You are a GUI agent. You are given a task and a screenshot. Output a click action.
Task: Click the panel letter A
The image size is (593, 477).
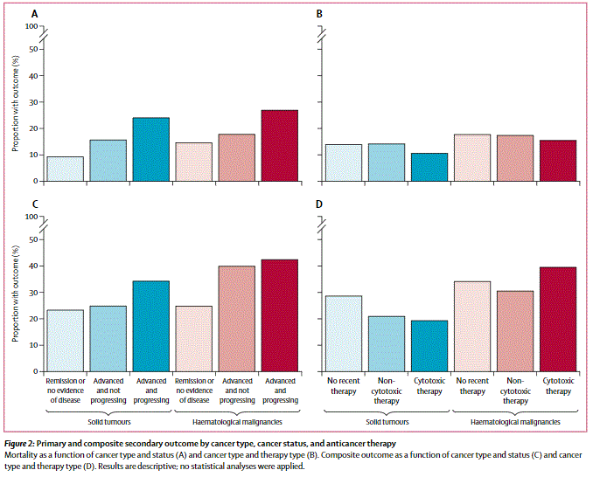(34, 14)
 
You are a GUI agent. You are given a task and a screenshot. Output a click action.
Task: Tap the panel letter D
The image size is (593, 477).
(319, 204)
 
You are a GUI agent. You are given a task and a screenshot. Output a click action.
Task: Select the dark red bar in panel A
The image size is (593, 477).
(280, 146)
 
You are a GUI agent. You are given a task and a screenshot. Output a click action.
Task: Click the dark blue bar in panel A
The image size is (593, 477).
(151, 149)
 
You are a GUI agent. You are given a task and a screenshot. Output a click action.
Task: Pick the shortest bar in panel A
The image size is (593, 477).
(65, 169)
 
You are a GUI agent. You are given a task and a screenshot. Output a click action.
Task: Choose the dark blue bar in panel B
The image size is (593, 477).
(429, 168)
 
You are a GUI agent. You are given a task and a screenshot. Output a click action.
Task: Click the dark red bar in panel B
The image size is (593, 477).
(558, 161)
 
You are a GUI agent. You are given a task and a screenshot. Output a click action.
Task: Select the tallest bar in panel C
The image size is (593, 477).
(280, 315)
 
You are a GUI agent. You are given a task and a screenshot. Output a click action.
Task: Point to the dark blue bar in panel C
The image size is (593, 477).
(151, 327)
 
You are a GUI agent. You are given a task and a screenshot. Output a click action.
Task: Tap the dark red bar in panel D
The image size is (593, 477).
(558, 320)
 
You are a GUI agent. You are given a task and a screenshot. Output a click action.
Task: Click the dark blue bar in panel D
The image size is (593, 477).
(429, 346)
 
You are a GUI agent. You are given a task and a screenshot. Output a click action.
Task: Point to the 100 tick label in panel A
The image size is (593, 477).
(31, 26)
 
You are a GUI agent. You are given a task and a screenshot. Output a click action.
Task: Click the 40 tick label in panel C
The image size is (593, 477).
(34, 266)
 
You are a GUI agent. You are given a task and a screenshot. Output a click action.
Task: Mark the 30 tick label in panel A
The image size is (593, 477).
(34, 102)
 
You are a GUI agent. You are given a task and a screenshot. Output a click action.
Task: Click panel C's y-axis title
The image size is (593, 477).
(15, 294)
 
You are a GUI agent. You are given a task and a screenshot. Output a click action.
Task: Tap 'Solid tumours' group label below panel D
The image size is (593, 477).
(387, 422)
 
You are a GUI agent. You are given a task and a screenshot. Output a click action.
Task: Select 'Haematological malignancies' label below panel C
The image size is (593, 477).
(237, 422)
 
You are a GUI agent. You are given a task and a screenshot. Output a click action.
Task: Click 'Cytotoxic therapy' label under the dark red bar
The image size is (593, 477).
(558, 386)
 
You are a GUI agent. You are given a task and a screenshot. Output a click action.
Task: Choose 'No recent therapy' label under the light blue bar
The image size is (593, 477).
(344, 386)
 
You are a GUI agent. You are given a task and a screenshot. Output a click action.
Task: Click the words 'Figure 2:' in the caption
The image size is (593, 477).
(19, 444)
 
